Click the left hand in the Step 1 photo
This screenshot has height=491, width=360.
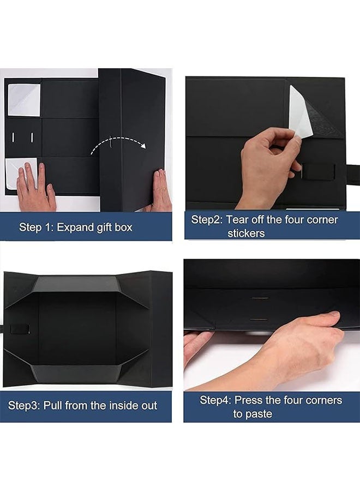35,188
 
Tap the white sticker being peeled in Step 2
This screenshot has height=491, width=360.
300,111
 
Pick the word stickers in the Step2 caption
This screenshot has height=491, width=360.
246,233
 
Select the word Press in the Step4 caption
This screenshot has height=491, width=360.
251,400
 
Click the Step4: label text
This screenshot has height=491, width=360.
217,400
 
